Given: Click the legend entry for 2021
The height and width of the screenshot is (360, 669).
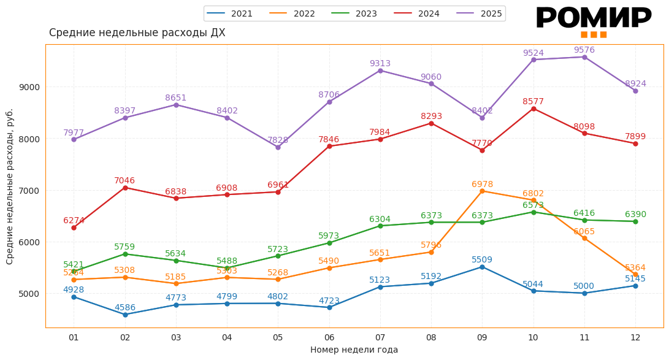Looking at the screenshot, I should pyautogui.click(x=230, y=13).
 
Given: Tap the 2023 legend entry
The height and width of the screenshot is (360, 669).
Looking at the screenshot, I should pyautogui.click(x=354, y=13).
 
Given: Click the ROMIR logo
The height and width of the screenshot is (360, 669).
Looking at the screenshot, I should pyautogui.click(x=593, y=21).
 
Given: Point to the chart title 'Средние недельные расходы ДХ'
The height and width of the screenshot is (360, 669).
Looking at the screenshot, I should pyautogui.click(x=137, y=33).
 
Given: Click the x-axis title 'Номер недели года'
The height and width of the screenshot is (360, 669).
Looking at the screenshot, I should pyautogui.click(x=354, y=350).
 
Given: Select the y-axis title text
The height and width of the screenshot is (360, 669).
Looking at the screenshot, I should pyautogui.click(x=10, y=186).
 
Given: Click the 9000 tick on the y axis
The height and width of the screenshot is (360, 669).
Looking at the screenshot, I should pyautogui.click(x=29, y=87).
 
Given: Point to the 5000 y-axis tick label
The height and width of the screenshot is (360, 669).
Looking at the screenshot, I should pyautogui.click(x=29, y=293).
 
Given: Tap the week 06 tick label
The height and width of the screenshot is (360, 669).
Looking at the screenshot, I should pyautogui.click(x=329, y=337).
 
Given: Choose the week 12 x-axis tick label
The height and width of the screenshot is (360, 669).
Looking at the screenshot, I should pyautogui.click(x=635, y=337).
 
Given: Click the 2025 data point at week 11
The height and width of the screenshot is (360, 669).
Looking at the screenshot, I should pyautogui.click(x=584, y=57).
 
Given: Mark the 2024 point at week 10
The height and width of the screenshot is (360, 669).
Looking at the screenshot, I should pyautogui.click(x=533, y=109).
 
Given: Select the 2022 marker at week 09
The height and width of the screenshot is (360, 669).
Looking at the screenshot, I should pyautogui.click(x=482, y=191).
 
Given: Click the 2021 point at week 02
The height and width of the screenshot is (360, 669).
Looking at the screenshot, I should pyautogui.click(x=125, y=315).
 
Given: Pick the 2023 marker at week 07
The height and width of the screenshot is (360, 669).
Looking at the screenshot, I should pyautogui.click(x=380, y=226).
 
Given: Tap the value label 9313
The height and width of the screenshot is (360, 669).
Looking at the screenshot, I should pyautogui.click(x=380, y=64).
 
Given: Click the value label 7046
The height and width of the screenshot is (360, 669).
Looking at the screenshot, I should pyautogui.click(x=124, y=181).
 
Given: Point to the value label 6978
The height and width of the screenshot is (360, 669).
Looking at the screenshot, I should pyautogui.click(x=482, y=185).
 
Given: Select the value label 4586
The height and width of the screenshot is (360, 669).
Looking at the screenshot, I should pyautogui.click(x=125, y=308).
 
